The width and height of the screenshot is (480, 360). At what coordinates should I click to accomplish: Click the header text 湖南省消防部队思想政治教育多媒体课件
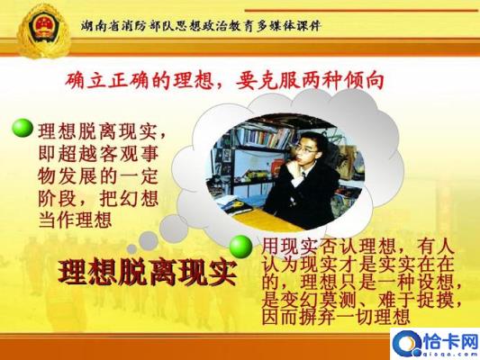pyautogui.click(x=201, y=26)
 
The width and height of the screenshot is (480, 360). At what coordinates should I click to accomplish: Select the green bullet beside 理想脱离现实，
pyautogui.click(x=23, y=129)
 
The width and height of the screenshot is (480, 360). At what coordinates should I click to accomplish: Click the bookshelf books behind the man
pyautogui.click(x=260, y=134)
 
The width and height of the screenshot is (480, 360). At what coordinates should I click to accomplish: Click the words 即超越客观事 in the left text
pyautogui.click(x=98, y=154)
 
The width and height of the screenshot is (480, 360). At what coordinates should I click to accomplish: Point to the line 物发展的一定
pyautogui.click(x=98, y=176)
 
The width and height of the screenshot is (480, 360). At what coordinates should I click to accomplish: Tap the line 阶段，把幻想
pyautogui.click(x=98, y=198)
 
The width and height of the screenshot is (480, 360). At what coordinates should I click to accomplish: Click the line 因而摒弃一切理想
pyautogui.click(x=336, y=317)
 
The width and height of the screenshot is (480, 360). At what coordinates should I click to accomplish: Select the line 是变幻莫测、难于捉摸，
pyautogui.click(x=362, y=299)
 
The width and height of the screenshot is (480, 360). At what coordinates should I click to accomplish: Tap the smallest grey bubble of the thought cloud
pyautogui.click(x=132, y=248)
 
